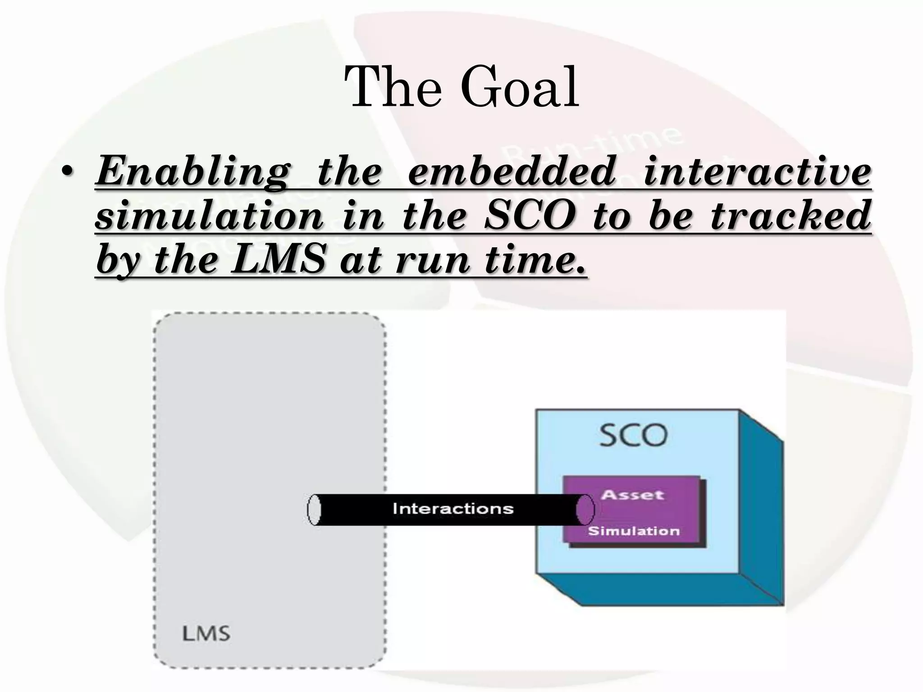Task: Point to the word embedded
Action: (x=512, y=172)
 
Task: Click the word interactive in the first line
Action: (x=757, y=172)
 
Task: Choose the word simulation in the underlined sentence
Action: (x=210, y=216)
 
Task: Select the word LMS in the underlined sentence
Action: (x=278, y=259)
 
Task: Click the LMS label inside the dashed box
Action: (x=206, y=634)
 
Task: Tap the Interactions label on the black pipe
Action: (x=453, y=509)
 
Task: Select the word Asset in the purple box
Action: (x=632, y=495)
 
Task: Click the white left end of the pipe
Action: (x=314, y=510)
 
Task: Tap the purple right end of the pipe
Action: (x=585, y=510)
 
